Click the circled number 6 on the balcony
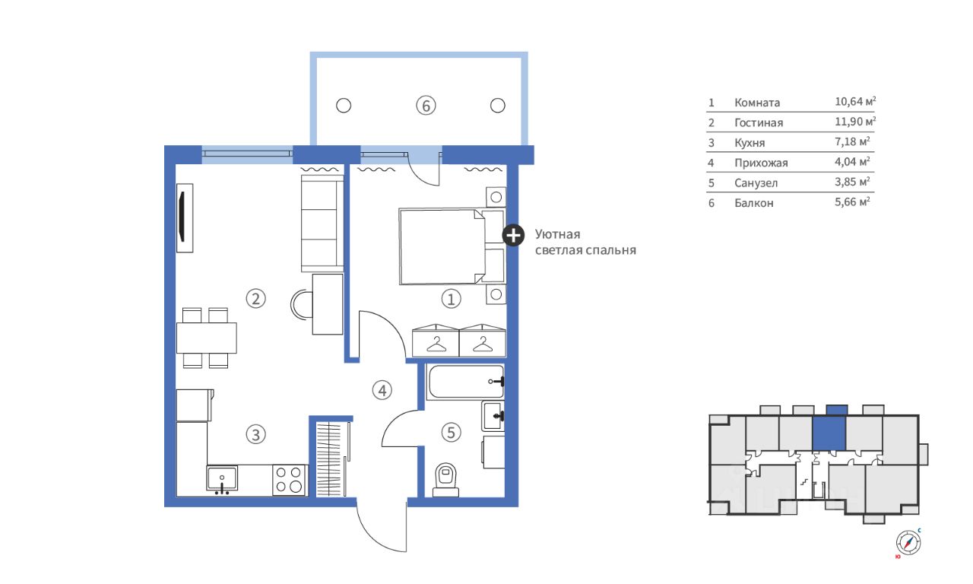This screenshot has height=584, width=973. (x=426, y=106)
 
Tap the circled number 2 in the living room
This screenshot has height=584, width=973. (x=256, y=299)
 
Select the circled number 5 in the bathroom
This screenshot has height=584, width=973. (x=451, y=433)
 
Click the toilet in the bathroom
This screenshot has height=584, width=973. (x=446, y=480)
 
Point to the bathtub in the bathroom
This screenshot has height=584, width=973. (x=466, y=382)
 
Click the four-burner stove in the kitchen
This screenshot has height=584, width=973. (x=290, y=480)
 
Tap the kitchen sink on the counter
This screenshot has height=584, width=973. (x=222, y=479)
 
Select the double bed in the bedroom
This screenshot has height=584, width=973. (x=452, y=246)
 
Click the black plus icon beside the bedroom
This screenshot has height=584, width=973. (x=513, y=236)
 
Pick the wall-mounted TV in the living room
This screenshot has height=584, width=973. (x=185, y=217)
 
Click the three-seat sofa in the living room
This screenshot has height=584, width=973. (x=322, y=224)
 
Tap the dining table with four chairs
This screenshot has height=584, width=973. (x=206, y=338)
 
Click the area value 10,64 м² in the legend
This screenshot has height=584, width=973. (x=855, y=101)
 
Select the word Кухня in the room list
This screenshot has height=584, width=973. (x=750, y=143)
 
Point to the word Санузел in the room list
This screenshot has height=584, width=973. (x=756, y=183)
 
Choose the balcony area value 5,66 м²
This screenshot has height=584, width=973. (x=852, y=202)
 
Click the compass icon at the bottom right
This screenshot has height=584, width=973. (x=908, y=542)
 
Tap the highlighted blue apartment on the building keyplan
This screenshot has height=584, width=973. (x=829, y=433)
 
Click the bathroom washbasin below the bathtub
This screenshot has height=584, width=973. (x=493, y=416)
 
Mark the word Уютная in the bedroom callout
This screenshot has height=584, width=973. (x=557, y=235)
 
